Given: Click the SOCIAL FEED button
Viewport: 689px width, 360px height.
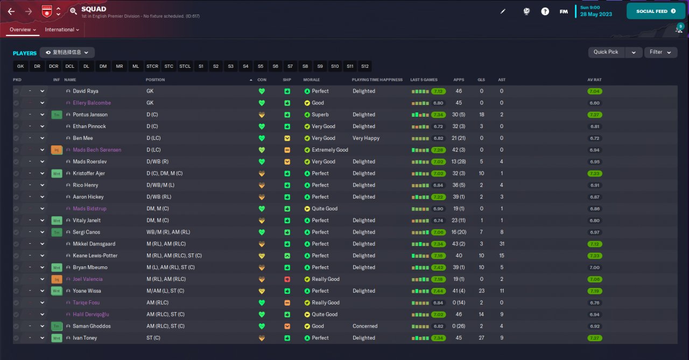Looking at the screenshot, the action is click(x=656, y=11).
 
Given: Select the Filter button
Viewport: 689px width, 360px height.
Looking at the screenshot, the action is click(x=660, y=52).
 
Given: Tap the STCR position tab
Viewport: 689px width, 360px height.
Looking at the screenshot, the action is click(x=152, y=66).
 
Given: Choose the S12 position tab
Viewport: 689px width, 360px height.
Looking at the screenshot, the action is click(x=365, y=66).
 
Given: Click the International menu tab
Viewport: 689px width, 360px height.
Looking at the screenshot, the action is click(x=62, y=30).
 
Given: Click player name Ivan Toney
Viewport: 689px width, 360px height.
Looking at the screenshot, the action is click(x=85, y=338).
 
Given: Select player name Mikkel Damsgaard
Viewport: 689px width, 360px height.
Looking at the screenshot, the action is click(x=94, y=244).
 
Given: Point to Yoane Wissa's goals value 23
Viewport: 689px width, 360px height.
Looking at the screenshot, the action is click(x=482, y=291).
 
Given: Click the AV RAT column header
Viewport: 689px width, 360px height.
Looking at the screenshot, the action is click(x=594, y=80).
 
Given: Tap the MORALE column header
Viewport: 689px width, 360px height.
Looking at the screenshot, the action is click(x=312, y=80).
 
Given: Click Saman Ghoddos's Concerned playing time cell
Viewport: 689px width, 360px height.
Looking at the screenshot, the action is click(x=365, y=326).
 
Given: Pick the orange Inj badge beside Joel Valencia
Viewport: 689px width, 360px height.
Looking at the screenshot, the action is click(x=57, y=279).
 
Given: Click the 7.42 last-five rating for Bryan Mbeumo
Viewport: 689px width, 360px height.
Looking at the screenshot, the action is click(x=438, y=267).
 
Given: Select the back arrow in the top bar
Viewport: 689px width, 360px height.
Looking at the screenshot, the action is click(x=11, y=12).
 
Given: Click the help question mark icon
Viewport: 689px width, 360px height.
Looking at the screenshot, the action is click(x=545, y=12).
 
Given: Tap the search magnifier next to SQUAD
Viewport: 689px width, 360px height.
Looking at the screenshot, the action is click(x=73, y=12).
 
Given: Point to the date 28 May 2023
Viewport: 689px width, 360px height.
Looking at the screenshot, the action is click(x=596, y=14).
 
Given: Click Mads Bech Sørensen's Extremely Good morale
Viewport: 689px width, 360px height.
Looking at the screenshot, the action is click(x=330, y=150).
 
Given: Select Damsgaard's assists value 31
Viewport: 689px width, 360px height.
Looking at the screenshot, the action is click(x=502, y=244).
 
